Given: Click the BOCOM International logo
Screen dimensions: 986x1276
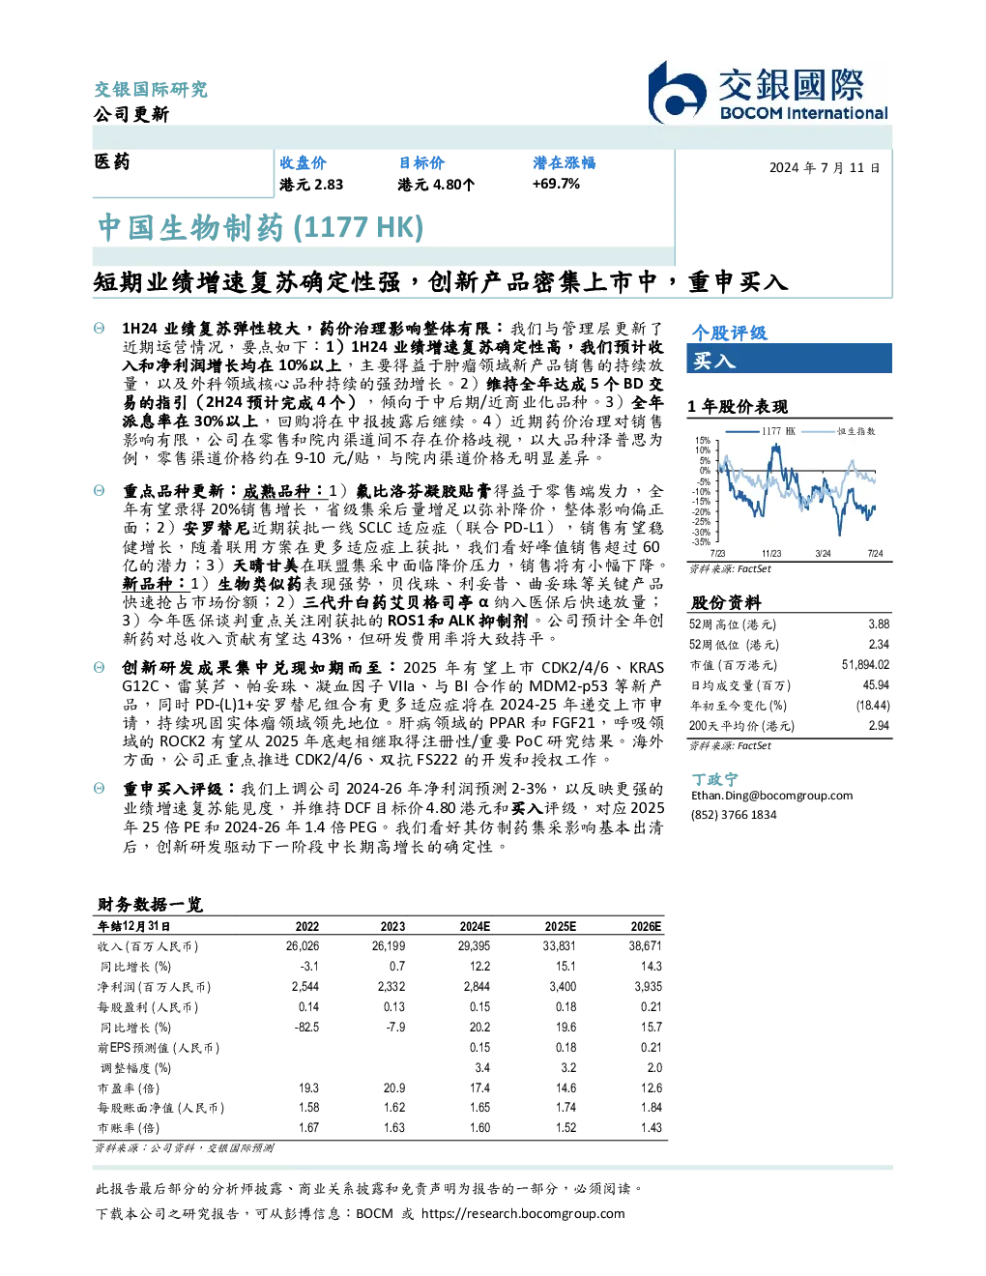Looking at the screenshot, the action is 768,92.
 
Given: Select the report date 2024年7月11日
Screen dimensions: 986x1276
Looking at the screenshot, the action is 824,168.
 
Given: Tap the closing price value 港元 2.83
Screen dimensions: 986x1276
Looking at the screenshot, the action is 311,185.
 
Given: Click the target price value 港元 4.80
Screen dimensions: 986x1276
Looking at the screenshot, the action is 435,185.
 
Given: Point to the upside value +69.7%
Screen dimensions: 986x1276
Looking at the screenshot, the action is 556,184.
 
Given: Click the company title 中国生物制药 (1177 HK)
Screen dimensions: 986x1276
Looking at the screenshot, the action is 260,227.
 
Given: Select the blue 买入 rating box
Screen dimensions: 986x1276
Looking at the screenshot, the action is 789,359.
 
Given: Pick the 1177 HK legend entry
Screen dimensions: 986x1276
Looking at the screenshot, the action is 761,431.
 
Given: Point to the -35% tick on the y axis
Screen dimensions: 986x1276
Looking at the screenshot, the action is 702,542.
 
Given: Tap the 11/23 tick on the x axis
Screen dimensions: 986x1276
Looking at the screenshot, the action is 771,553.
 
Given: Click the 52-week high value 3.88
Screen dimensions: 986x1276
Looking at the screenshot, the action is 879,623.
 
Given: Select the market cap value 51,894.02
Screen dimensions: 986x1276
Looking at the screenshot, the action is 865,664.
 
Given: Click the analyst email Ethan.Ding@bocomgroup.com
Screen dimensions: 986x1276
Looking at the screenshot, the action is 771,795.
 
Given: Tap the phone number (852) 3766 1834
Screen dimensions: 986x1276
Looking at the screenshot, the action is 734,815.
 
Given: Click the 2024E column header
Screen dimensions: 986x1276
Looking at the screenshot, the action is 475,927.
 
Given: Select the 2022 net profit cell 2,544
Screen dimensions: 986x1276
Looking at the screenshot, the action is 305,987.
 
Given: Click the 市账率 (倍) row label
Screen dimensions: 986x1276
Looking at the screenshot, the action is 128,1128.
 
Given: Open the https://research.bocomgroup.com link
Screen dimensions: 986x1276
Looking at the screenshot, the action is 523,1214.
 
